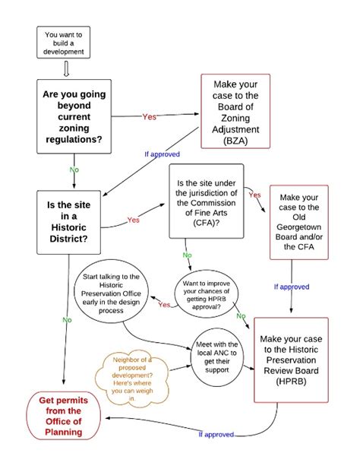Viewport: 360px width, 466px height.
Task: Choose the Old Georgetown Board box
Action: (298, 225)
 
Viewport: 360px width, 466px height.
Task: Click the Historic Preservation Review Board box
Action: (295, 360)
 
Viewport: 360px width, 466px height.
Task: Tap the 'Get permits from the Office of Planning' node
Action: (65, 417)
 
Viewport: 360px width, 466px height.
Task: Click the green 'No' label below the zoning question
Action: (74, 170)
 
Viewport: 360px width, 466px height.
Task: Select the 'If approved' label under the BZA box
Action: (162, 154)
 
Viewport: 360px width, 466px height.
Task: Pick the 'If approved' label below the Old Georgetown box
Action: (292, 287)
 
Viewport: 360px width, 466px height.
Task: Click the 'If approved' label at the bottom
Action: (215, 434)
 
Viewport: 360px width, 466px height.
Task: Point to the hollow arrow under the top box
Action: (65, 71)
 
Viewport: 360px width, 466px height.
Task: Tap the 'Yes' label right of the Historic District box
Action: (134, 220)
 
